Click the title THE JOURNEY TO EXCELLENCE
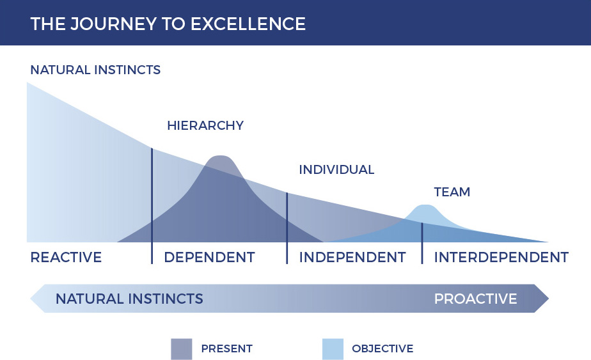[168, 24]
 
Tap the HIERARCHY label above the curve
[205, 125]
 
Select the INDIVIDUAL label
[336, 169]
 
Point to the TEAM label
[452, 192]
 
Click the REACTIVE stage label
[66, 258]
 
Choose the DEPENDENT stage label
[210, 258]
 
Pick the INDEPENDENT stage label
[352, 258]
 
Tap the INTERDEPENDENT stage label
[501, 258]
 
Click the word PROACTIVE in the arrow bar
[476, 299]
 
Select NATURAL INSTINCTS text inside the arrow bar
[129, 299]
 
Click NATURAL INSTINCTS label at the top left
[95, 70]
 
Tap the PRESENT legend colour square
[181, 349]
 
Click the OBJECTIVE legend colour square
[333, 349]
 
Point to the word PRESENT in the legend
[227, 348]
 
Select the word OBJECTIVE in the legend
[382, 348]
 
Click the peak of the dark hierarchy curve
[220, 156]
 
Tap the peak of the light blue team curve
[425, 205]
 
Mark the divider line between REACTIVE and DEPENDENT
[152, 206]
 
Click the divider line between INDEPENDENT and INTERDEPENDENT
[422, 243]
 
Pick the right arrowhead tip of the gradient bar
[548, 299]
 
